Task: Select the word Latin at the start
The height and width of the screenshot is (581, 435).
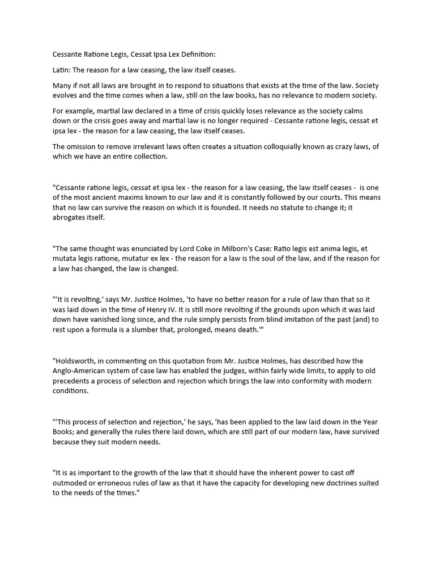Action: pos(62,70)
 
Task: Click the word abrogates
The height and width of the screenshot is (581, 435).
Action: pos(70,218)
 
